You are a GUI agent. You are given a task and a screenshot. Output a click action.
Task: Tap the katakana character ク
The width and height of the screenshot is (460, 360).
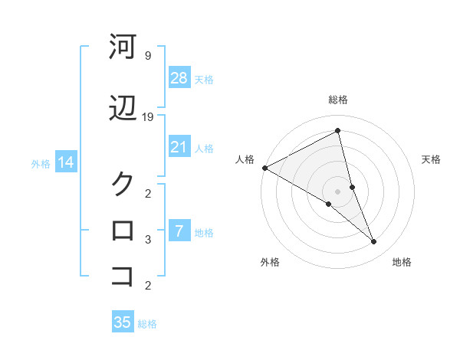pos(123,184)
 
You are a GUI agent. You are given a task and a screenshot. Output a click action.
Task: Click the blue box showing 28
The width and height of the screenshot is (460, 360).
pos(179,77)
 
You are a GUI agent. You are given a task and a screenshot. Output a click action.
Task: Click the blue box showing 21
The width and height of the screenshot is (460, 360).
pos(179,147)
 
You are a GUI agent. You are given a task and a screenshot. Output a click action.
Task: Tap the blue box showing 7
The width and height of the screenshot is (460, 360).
pos(179,231)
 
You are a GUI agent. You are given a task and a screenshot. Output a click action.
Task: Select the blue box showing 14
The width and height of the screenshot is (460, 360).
pos(65,162)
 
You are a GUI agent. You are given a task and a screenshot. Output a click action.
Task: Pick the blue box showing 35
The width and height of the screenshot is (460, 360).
pos(123,322)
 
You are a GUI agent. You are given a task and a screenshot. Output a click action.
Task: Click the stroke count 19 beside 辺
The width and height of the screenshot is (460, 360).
pos(148,116)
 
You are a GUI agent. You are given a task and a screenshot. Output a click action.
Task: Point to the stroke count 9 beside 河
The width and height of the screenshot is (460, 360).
pos(147,56)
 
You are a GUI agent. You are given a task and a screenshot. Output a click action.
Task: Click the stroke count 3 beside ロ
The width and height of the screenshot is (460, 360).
pos(147,240)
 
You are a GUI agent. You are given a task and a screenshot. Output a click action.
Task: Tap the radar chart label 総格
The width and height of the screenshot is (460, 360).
pos(338,100)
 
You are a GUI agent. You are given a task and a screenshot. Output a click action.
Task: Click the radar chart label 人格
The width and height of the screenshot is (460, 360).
pos(245,159)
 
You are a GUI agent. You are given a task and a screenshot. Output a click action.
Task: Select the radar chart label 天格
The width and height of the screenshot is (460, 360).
pos(432,159)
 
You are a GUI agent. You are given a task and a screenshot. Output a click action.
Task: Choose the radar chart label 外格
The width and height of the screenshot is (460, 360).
pos(270,262)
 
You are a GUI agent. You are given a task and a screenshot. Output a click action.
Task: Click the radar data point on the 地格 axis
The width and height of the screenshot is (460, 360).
pos(374,242)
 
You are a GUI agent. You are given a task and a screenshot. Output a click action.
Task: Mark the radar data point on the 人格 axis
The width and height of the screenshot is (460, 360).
pos(264,168)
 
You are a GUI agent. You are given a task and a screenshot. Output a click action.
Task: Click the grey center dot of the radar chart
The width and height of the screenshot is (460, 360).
pos(338,191)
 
